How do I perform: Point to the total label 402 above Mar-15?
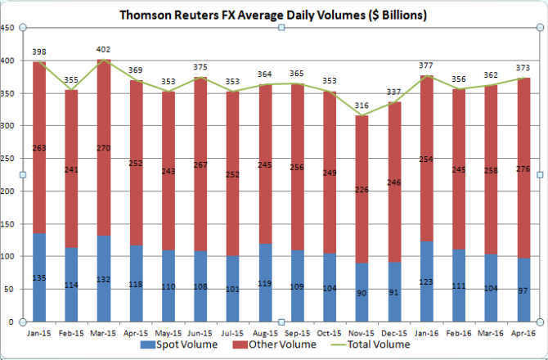click(x=102, y=49)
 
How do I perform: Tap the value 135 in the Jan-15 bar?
click(x=38, y=277)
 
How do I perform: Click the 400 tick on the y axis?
click(x=8, y=61)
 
